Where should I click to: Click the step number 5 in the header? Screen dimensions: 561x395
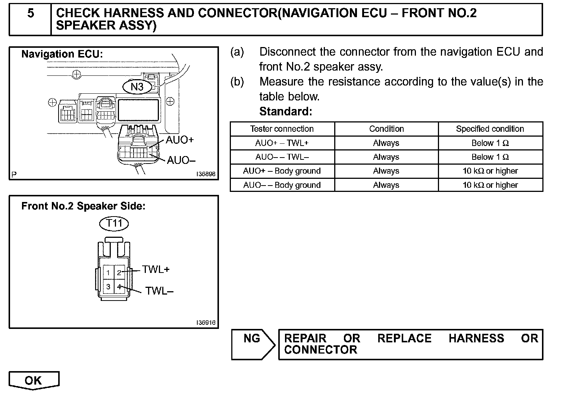[x=31, y=13]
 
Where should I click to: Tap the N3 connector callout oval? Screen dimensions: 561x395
[x=137, y=87]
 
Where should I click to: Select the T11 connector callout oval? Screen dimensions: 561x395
[x=114, y=224]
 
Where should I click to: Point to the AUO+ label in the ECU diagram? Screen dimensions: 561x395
[x=180, y=140]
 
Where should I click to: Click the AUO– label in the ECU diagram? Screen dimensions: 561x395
[x=181, y=161]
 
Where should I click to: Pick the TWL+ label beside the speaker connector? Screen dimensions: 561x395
[x=156, y=270]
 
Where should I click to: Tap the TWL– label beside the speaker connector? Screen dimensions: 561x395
[x=159, y=291]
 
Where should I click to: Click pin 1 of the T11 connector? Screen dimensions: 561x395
[x=108, y=273]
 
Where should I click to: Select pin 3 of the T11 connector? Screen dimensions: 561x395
[x=108, y=287]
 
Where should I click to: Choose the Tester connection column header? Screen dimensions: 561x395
[x=282, y=129]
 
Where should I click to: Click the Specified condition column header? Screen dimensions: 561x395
[x=490, y=129]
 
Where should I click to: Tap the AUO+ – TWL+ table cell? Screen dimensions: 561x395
[x=282, y=143]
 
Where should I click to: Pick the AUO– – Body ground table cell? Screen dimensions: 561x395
[x=282, y=185]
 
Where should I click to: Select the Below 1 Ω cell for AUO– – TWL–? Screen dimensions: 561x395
[x=490, y=157]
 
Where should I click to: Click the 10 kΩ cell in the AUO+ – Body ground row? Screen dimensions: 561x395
[x=490, y=171]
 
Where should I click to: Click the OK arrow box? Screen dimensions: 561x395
[x=34, y=380]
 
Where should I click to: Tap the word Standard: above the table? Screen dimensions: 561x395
[x=286, y=112]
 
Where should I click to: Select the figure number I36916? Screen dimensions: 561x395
[x=206, y=323]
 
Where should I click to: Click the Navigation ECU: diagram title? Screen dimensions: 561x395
[x=62, y=54]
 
